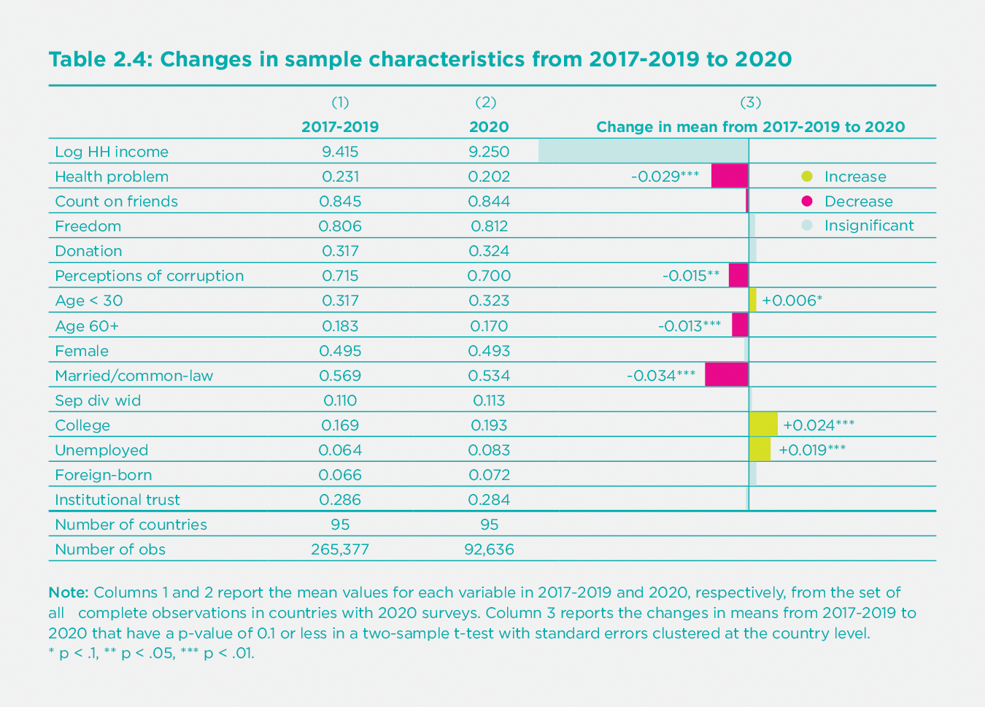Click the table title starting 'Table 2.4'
(x=420, y=59)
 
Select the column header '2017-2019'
(x=340, y=127)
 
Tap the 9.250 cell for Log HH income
(x=489, y=152)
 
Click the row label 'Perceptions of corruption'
(x=150, y=276)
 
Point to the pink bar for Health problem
(x=730, y=176)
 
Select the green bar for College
(x=763, y=425)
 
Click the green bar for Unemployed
(x=760, y=449)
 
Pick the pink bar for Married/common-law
(x=727, y=375)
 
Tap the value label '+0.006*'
(x=792, y=301)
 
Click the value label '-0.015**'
(x=691, y=276)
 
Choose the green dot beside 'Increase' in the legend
(x=806, y=177)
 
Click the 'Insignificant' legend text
(x=868, y=226)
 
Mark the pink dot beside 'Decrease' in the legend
(x=806, y=201)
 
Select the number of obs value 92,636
(x=489, y=549)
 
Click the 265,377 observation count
(x=340, y=549)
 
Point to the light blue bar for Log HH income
(x=643, y=151)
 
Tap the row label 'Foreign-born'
(x=104, y=475)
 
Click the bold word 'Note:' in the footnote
(x=69, y=592)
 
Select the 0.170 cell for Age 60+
(x=489, y=326)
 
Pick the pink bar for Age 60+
(x=740, y=325)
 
